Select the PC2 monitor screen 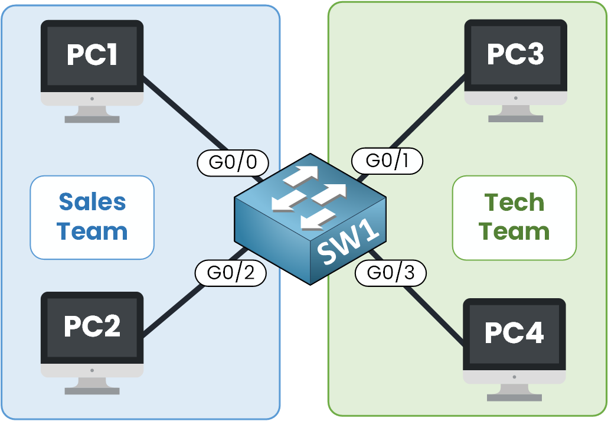coord(92,327)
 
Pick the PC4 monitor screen coord(514,333)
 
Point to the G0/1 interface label coord(387,161)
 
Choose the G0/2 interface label coord(231,273)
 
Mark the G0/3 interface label coord(390,272)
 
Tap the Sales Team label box coord(92,217)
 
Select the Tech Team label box coord(514,217)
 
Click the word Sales coord(92,203)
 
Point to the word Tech coord(514,203)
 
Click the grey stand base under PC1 coord(92,119)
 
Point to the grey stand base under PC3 coord(515,118)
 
